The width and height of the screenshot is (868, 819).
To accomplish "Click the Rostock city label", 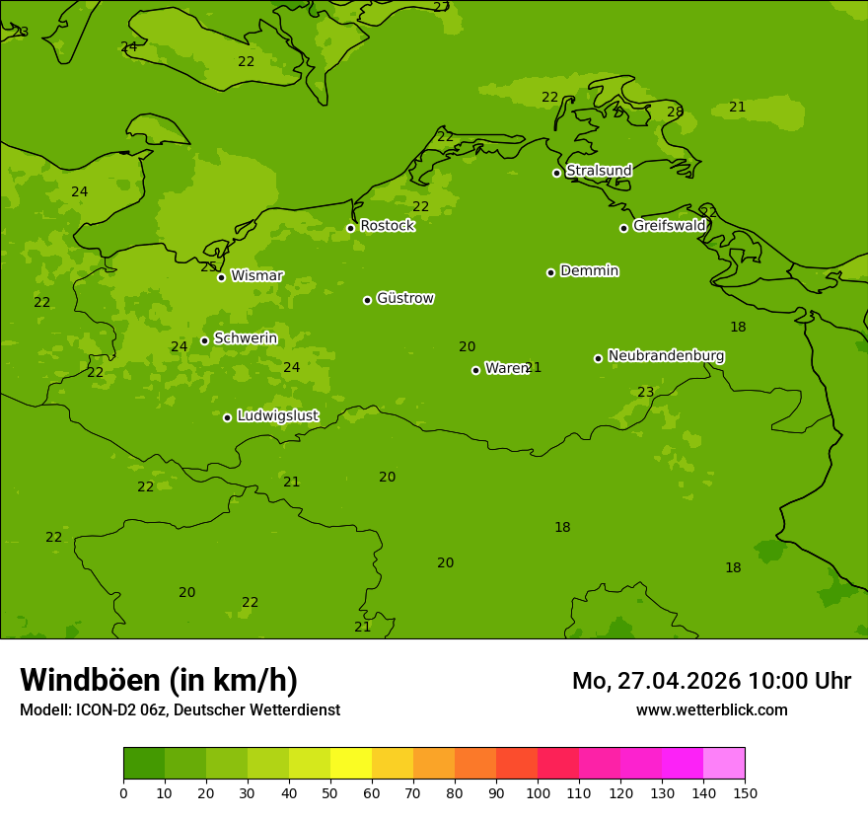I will coord(387,226).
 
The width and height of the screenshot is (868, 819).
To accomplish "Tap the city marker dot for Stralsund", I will coord(556,173).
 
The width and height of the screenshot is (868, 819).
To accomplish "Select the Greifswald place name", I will coord(669,226).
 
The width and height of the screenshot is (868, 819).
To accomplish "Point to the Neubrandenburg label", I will coord(666,356).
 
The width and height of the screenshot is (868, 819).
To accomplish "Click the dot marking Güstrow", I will coord(367,300).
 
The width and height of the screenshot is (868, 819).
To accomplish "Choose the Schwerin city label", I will coord(246,338).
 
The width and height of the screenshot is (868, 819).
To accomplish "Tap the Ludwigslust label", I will coord(277,416).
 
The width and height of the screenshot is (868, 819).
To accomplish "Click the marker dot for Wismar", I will coord(222,277).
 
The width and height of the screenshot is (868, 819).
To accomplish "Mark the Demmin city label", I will coord(589,271).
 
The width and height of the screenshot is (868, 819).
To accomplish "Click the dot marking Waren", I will coord(475,370).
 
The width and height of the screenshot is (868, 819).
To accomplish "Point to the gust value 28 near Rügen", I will coord(675,112).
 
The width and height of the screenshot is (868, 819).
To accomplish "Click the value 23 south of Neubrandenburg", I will coord(645,393).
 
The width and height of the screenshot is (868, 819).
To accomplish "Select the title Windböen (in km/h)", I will coord(159,680).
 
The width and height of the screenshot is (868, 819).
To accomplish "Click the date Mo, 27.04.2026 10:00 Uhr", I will coord(711,681).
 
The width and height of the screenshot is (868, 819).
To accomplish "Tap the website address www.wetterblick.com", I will coord(711,710).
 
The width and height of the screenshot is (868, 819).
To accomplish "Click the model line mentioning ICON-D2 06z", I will coord(180,710).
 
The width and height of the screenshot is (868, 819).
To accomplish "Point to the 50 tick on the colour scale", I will coord(330,792).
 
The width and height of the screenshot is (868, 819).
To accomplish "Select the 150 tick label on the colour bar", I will coord(745,792).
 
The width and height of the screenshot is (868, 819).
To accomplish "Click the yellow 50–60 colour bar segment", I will coord(351,764).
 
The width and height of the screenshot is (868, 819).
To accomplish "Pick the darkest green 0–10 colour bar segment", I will coord(144,764).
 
